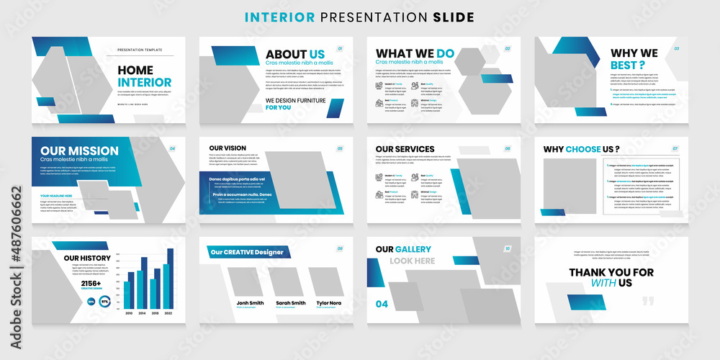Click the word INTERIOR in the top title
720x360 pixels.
(x=278, y=17)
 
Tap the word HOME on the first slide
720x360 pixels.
(x=135, y=70)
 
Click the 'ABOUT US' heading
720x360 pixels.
(x=295, y=54)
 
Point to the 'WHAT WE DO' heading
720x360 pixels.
(x=415, y=53)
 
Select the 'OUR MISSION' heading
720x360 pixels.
(x=79, y=150)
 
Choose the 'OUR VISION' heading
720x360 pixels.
(x=228, y=148)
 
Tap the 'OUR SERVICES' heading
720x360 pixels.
(x=405, y=149)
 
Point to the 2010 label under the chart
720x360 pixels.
(x=129, y=313)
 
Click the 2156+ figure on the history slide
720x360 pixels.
(x=91, y=284)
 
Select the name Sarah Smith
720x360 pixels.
(x=290, y=303)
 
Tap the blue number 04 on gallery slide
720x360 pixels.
(x=382, y=304)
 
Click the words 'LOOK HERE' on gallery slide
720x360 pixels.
(x=413, y=261)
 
